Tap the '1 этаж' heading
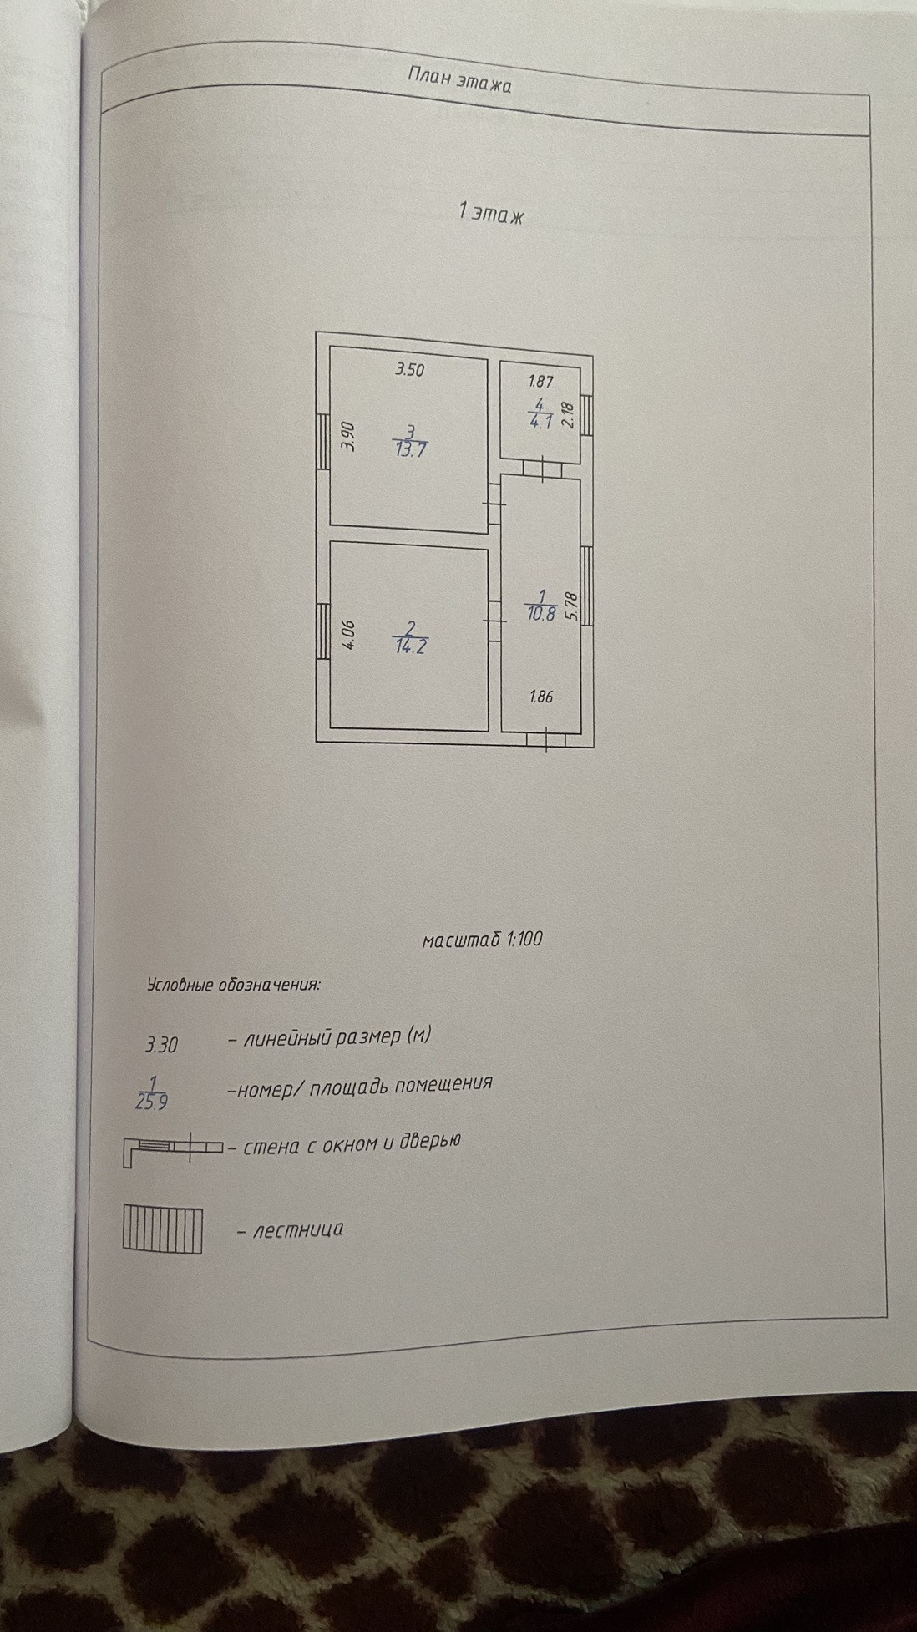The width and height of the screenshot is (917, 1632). coord(490,214)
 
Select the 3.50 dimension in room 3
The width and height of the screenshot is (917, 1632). coord(409,370)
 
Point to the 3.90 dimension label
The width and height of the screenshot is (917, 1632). coord(349,436)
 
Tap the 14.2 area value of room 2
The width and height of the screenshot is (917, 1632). coord(410,646)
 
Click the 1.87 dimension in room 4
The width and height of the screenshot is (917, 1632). coord(540,382)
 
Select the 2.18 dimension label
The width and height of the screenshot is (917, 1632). coord(570,415)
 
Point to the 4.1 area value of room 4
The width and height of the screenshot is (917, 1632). coord(541,422)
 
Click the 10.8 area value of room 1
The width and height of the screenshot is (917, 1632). coord(540,614)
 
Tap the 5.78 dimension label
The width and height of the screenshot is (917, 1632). coord(571,606)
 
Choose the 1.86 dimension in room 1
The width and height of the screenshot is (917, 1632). coord(541,696)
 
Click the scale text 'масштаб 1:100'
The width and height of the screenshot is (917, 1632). coord(483,940)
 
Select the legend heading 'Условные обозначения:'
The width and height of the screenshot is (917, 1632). coord(233,984)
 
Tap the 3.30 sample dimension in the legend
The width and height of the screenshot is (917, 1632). coord(162,1044)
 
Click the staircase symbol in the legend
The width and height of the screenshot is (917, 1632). coord(163,1229)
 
